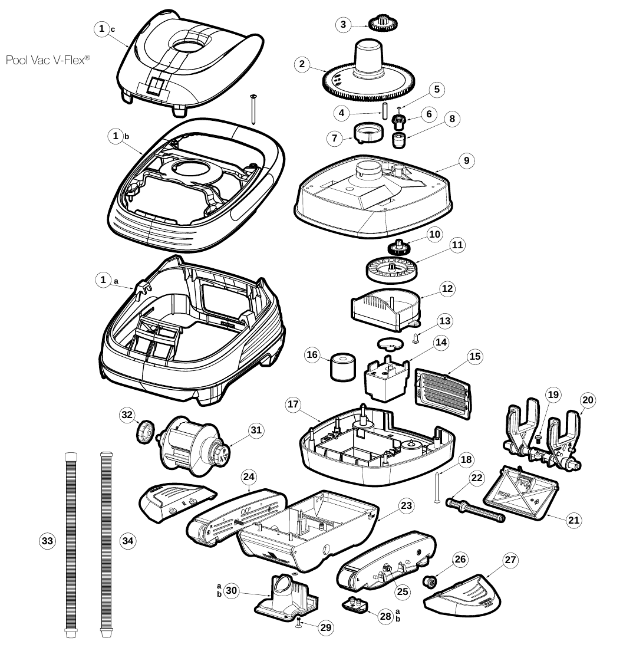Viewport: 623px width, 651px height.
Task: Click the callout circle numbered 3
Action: (343, 25)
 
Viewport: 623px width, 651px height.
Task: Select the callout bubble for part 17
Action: (293, 404)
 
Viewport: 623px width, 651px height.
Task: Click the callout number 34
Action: (128, 541)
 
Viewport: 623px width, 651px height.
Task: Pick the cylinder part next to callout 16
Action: (343, 367)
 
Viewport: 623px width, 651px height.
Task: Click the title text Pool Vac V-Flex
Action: (48, 60)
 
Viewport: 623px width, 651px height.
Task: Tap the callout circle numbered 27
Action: (510, 560)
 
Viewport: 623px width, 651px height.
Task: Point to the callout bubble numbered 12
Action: (447, 288)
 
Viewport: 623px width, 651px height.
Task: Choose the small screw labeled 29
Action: (299, 621)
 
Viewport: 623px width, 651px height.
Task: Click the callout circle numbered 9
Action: (467, 160)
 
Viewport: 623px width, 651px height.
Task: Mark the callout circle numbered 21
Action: (573, 520)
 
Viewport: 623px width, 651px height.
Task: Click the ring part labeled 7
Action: (368, 133)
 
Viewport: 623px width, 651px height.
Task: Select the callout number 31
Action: (256, 430)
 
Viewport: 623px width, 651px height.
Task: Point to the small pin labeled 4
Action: (384, 111)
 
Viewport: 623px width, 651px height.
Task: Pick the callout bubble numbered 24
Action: (249, 476)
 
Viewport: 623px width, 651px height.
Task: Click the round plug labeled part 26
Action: (428, 581)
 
